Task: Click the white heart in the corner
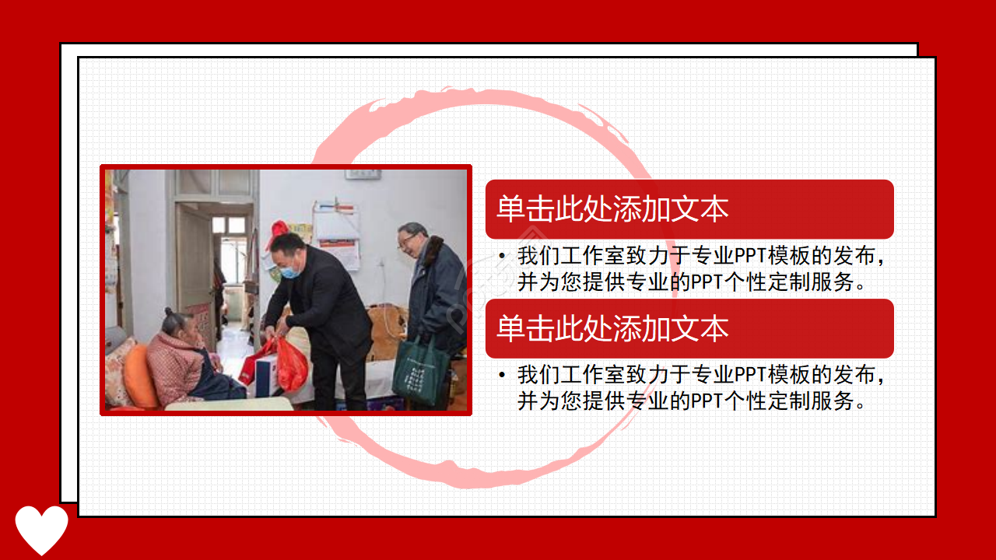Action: [x=41, y=529]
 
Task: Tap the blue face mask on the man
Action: [x=290, y=271]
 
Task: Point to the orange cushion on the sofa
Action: [x=141, y=376]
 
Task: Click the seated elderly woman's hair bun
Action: [x=169, y=313]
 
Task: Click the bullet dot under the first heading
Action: [x=502, y=256]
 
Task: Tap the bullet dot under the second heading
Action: [x=502, y=376]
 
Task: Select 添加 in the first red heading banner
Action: [x=641, y=210]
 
